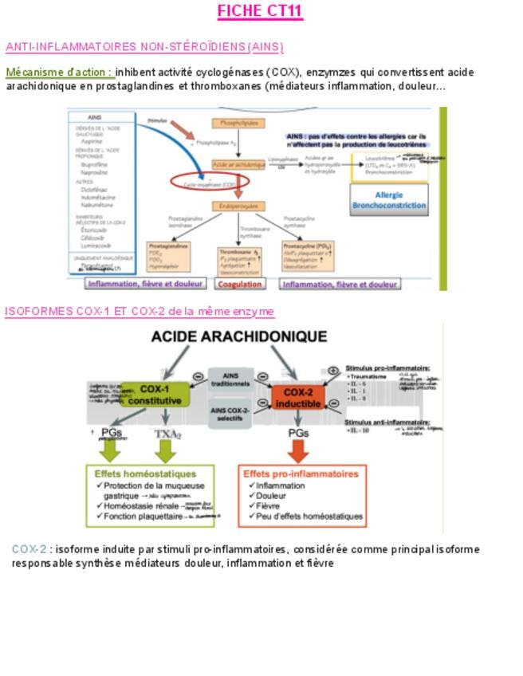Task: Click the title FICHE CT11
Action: point(260,11)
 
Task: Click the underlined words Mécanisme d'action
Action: point(58,72)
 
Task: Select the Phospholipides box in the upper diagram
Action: point(238,124)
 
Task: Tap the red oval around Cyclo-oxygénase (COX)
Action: point(210,183)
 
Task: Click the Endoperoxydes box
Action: point(238,206)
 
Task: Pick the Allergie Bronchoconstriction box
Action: point(389,199)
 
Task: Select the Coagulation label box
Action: point(241,284)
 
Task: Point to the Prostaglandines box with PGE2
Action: point(168,256)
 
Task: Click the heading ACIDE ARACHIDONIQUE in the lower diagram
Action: point(239,337)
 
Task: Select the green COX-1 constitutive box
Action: point(156,393)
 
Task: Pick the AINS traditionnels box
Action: point(230,379)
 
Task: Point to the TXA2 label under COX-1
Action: point(167,434)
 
